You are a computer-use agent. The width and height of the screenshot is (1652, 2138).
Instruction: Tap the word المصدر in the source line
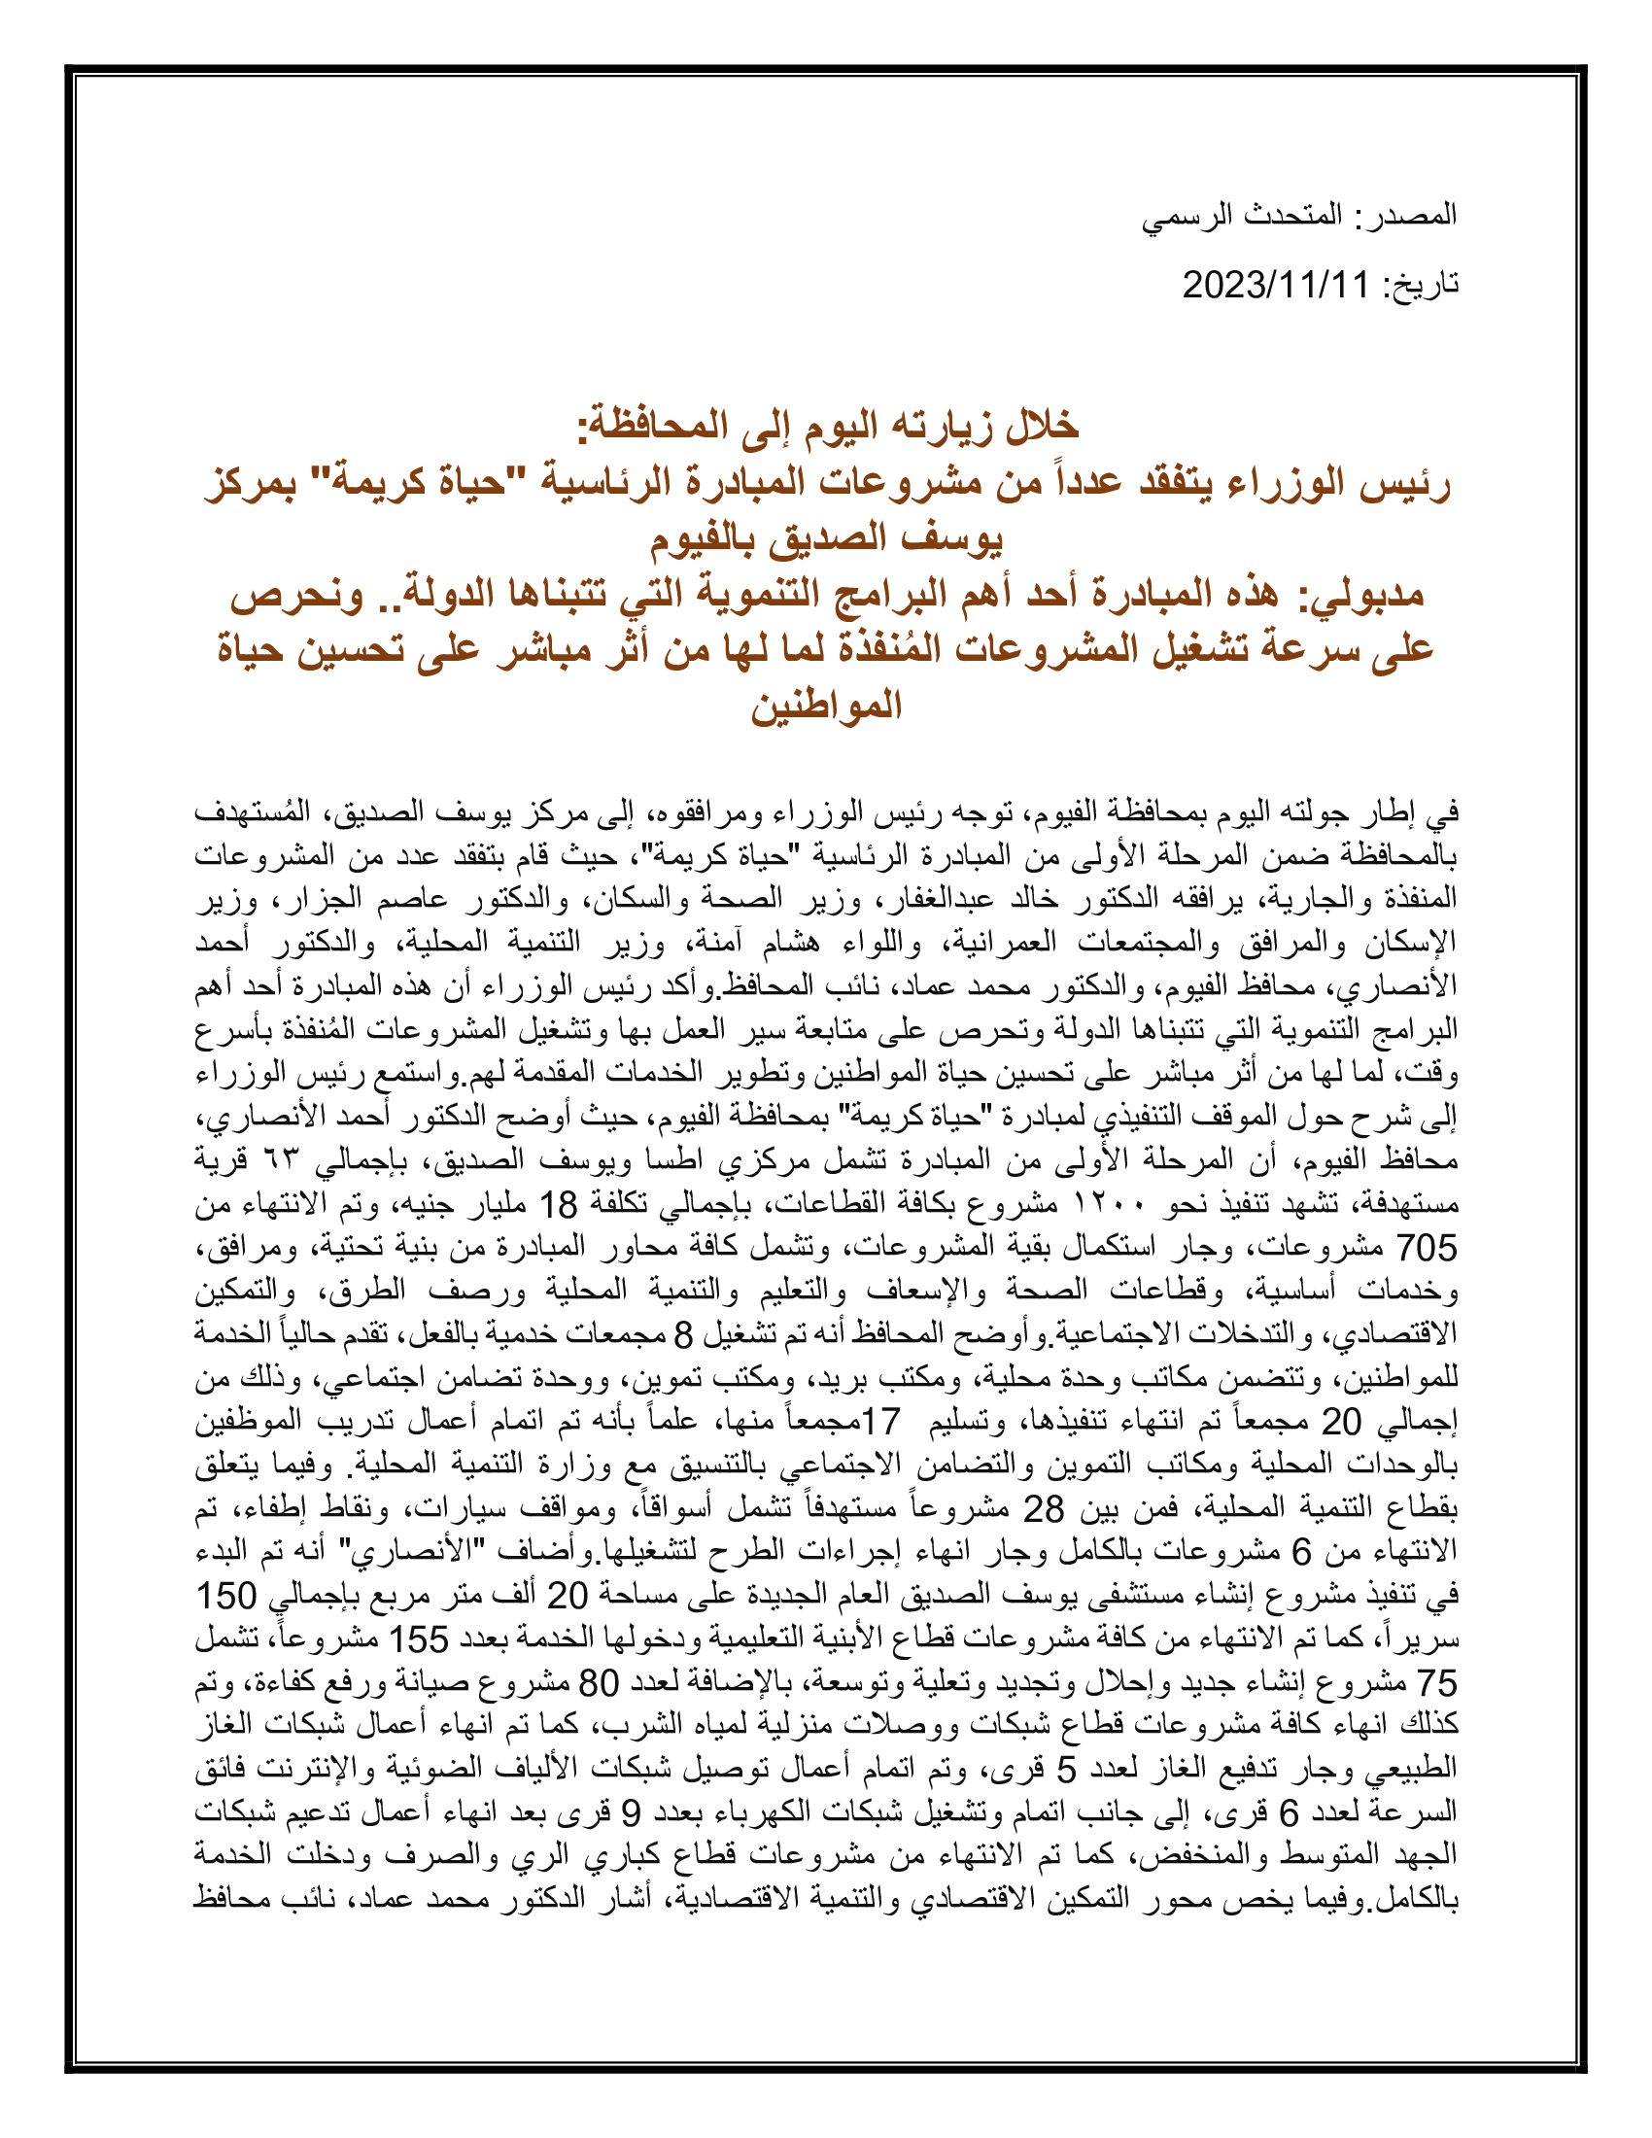(x=1416, y=215)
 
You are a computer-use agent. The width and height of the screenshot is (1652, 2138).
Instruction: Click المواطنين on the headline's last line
(x=826, y=705)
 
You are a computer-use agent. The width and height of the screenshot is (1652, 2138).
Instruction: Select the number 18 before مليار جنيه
(x=561, y=1204)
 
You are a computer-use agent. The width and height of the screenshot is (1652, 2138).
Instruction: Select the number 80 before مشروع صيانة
(x=600, y=1683)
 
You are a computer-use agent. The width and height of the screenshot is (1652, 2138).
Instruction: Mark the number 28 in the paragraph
(x=1044, y=1508)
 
